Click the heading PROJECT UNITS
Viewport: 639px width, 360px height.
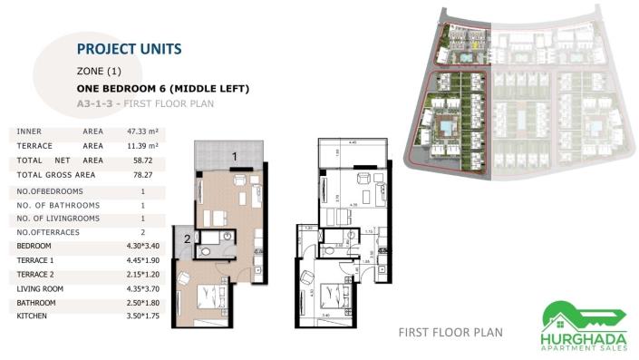pyautogui.click(x=130, y=48)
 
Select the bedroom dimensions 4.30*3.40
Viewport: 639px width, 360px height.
pyautogui.click(x=143, y=246)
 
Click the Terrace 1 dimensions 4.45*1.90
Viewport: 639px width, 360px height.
pyautogui.click(x=143, y=259)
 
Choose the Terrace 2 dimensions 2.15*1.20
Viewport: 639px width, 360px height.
pyautogui.click(x=143, y=274)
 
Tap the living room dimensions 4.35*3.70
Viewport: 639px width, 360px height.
pyautogui.click(x=143, y=288)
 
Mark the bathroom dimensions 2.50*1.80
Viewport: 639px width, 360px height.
pyautogui.click(x=143, y=302)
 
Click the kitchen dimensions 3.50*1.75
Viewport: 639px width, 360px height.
pyautogui.click(x=143, y=316)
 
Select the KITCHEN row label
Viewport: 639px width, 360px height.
pyautogui.click(x=33, y=316)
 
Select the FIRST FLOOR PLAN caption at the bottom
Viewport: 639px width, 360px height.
pyautogui.click(x=450, y=332)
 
